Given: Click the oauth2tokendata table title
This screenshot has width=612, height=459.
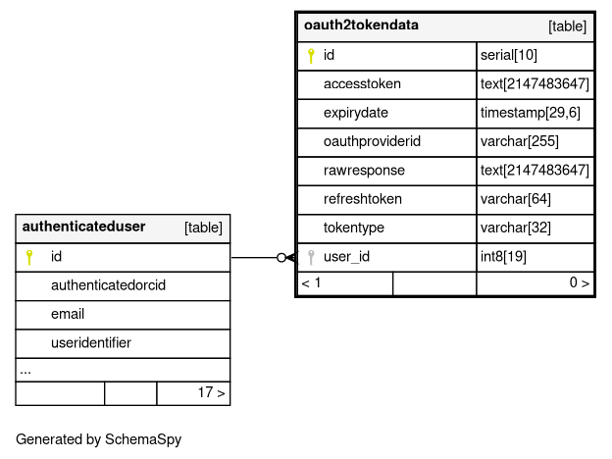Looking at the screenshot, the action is click(x=361, y=25).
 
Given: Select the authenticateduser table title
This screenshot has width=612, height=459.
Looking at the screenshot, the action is click(x=83, y=227).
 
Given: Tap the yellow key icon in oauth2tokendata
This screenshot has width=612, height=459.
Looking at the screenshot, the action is click(x=311, y=56).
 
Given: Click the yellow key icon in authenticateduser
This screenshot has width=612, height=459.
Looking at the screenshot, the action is click(x=28, y=257).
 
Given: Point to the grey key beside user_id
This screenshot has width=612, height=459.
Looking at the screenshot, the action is click(x=311, y=257).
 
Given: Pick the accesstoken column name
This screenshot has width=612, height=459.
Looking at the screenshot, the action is click(x=362, y=84).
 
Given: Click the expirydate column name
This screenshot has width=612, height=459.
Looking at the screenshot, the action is click(x=356, y=113).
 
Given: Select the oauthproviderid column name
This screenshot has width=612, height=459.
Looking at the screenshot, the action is click(x=372, y=141).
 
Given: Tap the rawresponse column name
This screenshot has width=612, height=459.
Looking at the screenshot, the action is click(x=364, y=171).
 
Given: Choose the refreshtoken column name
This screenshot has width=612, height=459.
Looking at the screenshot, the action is click(x=363, y=199).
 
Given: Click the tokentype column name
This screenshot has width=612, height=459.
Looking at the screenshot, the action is click(x=354, y=228).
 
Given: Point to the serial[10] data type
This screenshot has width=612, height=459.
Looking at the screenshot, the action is click(x=509, y=56).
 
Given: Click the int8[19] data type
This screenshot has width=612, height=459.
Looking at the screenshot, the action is click(x=503, y=257).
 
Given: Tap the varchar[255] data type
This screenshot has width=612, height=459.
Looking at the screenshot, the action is click(x=520, y=141).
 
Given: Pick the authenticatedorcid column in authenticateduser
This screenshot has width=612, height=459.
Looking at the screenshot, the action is click(x=108, y=285).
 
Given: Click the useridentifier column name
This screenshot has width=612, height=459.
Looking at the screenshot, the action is click(x=91, y=342).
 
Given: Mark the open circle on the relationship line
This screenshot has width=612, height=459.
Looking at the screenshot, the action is click(x=281, y=258).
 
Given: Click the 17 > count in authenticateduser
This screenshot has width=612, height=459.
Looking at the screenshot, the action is click(x=211, y=392).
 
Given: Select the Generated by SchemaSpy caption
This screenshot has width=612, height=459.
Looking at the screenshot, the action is click(x=99, y=439).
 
